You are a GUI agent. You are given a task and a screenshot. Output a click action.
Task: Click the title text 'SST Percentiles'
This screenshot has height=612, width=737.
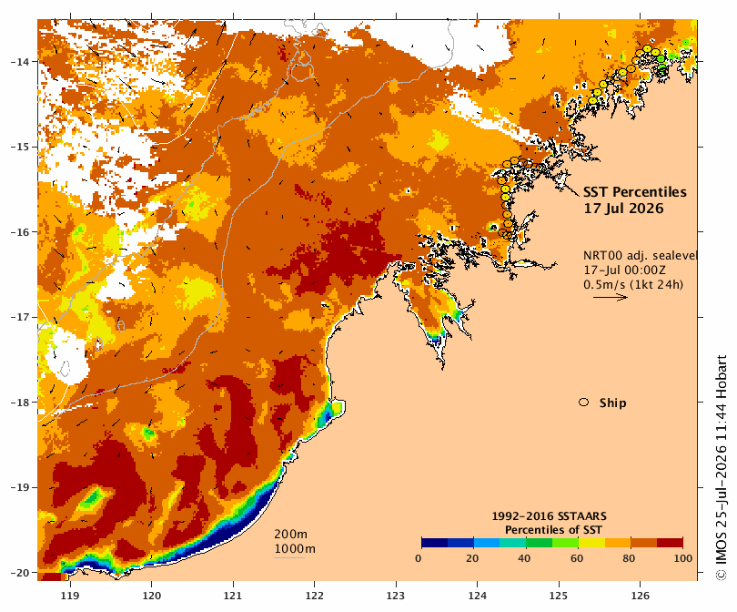[634, 192]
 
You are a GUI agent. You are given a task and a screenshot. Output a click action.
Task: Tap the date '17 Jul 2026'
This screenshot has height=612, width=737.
[623, 209]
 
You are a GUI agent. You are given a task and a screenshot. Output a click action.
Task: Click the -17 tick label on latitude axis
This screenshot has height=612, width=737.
[20, 317]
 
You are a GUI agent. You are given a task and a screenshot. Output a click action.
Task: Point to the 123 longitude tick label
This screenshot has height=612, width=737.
[396, 596]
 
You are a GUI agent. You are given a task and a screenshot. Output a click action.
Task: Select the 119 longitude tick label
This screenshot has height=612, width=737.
[70, 596]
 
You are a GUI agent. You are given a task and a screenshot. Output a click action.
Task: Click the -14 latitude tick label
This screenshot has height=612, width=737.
[20, 62]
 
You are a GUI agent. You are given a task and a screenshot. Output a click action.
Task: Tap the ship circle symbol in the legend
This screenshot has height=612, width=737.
[584, 403]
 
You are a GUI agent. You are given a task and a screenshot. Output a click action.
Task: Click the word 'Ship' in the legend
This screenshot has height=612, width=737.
[613, 403]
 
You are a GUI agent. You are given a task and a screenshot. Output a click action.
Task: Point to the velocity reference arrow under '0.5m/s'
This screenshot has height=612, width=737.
[611, 297]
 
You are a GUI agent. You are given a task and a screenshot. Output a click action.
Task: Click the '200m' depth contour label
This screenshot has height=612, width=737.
[290, 535]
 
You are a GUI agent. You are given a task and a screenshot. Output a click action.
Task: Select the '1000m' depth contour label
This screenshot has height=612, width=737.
[295, 549]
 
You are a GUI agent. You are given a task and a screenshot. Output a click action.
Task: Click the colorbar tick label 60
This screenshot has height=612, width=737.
[577, 558]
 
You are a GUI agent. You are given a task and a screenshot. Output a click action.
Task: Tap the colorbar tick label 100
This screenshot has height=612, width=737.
[683, 558]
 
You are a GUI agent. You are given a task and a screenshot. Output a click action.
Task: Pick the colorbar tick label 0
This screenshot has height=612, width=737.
[419, 558]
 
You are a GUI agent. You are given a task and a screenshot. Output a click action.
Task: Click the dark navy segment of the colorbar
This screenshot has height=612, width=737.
[434, 543]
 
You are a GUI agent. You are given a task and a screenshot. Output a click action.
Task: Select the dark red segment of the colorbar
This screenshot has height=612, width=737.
[670, 543]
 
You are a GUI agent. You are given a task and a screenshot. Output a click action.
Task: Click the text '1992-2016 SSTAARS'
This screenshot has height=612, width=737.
[549, 516]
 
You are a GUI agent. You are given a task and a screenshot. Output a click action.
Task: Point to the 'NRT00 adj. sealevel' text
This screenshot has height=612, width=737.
[640, 255]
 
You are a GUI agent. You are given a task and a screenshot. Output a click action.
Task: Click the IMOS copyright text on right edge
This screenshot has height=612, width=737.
[721, 467]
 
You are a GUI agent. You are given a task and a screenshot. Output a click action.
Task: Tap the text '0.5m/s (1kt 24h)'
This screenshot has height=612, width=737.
[633, 284]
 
